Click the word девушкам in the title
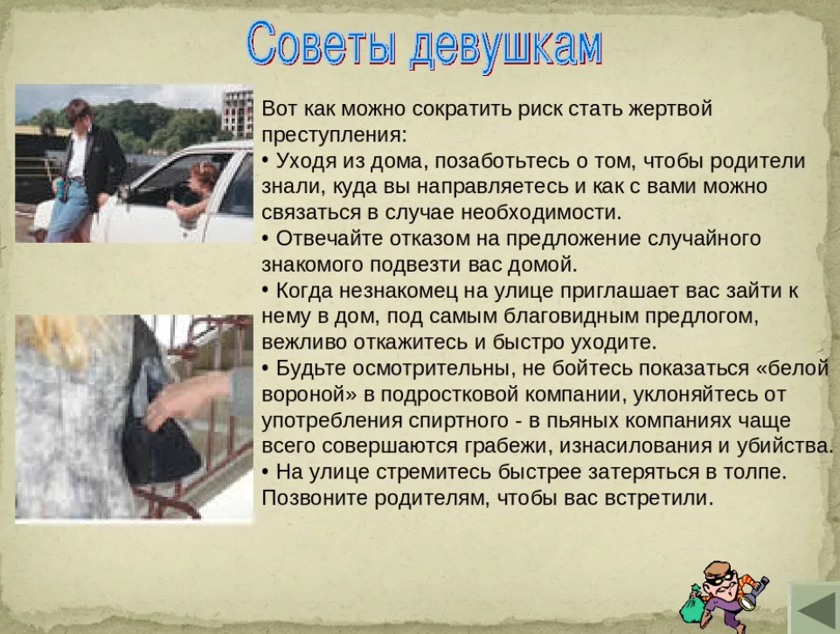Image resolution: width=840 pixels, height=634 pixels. [x=507, y=48]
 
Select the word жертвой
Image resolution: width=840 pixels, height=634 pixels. [x=670, y=109]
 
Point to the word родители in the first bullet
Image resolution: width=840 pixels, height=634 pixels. [x=758, y=161]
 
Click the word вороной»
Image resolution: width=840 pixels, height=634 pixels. [x=309, y=395]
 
